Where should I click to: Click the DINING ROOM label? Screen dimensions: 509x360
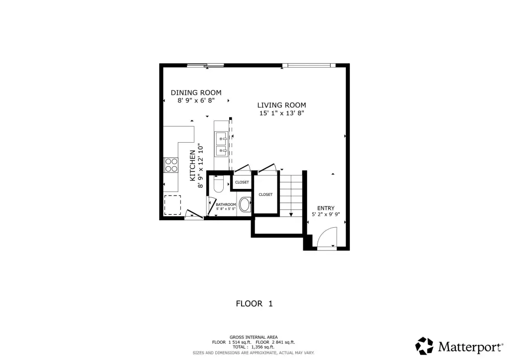[x=196, y=92]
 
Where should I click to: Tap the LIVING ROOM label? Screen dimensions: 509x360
[x=281, y=105]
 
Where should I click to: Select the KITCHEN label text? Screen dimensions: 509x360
[x=192, y=166]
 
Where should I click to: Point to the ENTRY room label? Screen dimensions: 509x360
[x=326, y=208]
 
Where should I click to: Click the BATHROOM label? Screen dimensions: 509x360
[x=226, y=204]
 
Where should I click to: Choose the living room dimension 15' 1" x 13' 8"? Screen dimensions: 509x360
[x=281, y=113]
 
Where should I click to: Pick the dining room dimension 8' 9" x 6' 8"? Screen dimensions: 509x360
[x=196, y=100]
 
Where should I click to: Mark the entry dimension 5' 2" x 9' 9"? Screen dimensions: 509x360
[x=326, y=214]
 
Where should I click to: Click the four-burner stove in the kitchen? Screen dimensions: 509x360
[x=171, y=165]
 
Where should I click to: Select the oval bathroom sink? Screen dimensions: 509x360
[x=244, y=204]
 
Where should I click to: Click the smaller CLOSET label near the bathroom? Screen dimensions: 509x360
[x=242, y=182]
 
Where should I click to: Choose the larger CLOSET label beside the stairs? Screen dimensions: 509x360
[x=265, y=194]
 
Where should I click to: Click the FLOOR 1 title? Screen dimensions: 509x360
[x=254, y=304]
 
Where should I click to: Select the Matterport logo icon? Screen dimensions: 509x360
[x=424, y=346]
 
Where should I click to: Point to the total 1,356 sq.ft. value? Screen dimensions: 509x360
[x=262, y=347]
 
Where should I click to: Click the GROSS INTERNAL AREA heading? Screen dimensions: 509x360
[x=254, y=337]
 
